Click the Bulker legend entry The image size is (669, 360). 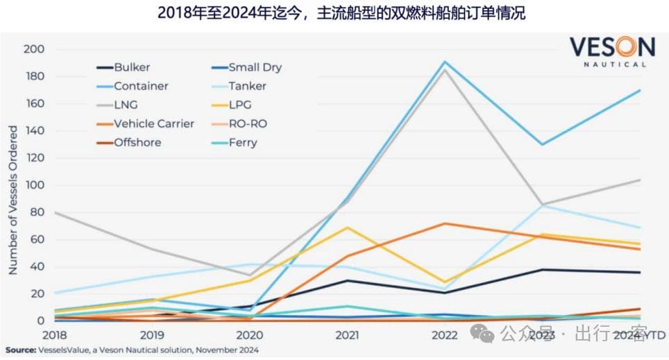(x=132, y=67)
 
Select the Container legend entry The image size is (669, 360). (x=141, y=86)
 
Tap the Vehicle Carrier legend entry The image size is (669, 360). (x=154, y=123)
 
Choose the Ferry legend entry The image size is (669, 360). (x=242, y=142)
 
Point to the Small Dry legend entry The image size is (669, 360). (x=255, y=67)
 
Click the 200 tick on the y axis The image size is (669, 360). (x=35, y=49)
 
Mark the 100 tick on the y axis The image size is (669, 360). (x=35, y=185)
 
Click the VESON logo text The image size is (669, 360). (x=612, y=47)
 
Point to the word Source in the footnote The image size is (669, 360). (x=22, y=350)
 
